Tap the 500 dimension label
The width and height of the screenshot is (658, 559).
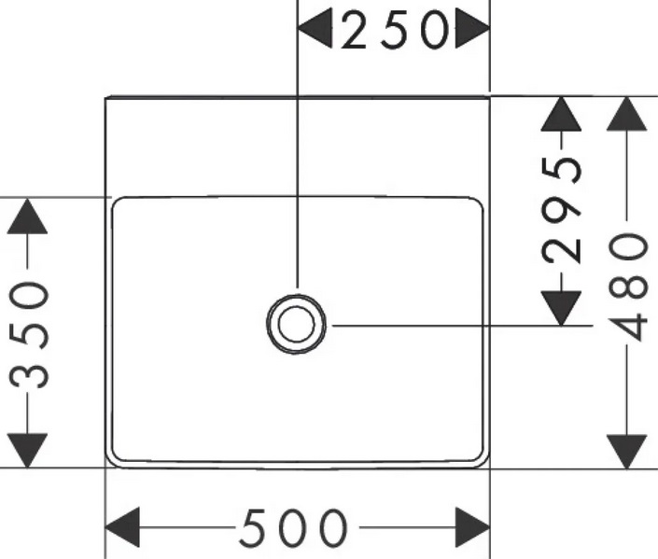pyautogui.click(x=293, y=530)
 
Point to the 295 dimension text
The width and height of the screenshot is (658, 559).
pyautogui.click(x=563, y=209)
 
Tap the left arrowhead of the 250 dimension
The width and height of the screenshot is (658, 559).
pyautogui.click(x=315, y=31)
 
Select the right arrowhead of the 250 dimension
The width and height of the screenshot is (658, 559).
pyautogui.click(x=472, y=31)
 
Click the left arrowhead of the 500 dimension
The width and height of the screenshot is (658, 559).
pyautogui.click(x=123, y=528)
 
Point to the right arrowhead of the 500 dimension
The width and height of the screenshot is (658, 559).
pyautogui.click(x=471, y=528)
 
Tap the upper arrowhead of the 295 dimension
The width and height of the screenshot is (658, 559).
pyautogui.click(x=561, y=114)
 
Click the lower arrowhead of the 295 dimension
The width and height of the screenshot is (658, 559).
pyautogui.click(x=561, y=306)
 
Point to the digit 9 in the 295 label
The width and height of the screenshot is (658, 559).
pyautogui.click(x=563, y=209)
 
